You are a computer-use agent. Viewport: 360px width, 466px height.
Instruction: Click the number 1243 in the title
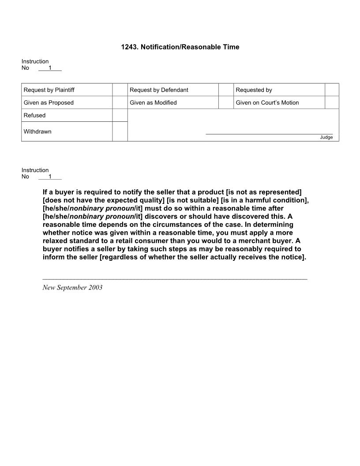[129, 47]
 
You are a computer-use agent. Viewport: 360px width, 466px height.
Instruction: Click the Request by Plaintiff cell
[49, 90]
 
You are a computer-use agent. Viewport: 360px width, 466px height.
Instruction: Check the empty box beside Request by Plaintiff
[120, 90]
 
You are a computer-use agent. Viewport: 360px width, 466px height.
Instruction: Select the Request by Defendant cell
[159, 90]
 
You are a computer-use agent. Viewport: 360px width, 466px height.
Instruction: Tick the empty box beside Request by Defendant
[226, 90]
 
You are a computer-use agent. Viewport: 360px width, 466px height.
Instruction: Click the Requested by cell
[254, 90]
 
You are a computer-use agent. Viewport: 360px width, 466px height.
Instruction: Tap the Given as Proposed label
[49, 103]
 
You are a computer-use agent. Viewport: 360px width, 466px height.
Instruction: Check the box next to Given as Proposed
[120, 103]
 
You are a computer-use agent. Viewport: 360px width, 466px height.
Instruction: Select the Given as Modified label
[153, 103]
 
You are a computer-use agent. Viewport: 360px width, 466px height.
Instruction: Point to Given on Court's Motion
[267, 103]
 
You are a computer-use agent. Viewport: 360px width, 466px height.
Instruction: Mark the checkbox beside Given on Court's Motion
[332, 103]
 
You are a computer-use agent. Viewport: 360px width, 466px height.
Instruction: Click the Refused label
[34, 116]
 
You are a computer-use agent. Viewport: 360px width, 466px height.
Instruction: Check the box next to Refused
[120, 116]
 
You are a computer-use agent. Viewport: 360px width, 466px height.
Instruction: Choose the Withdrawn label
[37, 132]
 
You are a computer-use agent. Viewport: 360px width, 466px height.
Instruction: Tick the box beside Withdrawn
[120, 132]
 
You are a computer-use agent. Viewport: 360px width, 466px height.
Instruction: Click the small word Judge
[326, 137]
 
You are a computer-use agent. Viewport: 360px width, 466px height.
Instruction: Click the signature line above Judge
[269, 134]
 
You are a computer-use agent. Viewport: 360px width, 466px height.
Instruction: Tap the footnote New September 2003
[72, 288]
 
